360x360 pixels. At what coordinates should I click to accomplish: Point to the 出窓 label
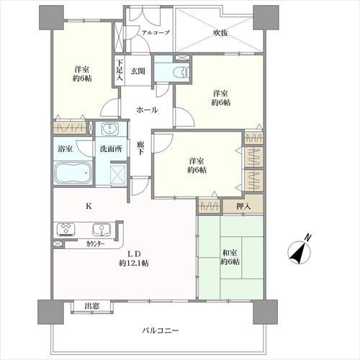tap(91, 306)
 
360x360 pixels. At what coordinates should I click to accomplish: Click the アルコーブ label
tap(155, 32)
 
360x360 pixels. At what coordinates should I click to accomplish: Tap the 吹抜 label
tap(221, 32)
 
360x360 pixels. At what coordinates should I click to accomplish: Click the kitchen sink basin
tap(100, 230)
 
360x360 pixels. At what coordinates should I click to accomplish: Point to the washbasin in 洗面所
tap(110, 130)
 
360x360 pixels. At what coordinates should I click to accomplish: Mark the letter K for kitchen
tap(89, 206)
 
